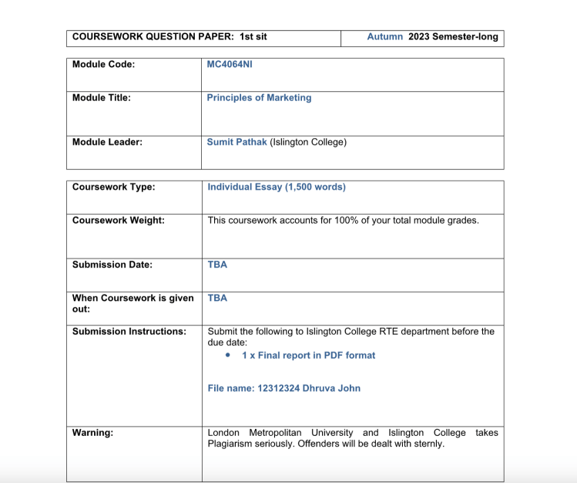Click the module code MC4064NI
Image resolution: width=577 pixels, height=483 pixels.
click(230, 64)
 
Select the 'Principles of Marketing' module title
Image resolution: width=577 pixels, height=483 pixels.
click(259, 98)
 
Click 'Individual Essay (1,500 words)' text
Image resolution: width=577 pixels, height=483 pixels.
click(277, 187)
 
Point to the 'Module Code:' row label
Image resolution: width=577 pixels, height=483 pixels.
click(103, 64)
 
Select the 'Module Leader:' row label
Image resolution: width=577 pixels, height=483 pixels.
click(107, 142)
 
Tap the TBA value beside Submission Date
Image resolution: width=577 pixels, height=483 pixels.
click(217, 265)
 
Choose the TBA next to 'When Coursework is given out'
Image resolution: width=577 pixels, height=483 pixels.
click(217, 298)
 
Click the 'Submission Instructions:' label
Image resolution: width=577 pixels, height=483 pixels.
click(129, 331)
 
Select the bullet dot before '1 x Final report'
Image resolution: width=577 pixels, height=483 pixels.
click(229, 356)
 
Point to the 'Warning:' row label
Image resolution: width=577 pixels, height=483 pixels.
click(92, 433)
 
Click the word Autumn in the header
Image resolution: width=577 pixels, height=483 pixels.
click(384, 36)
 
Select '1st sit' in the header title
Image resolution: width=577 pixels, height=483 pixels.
click(253, 36)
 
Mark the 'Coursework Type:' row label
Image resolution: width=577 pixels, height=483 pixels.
click(113, 187)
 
